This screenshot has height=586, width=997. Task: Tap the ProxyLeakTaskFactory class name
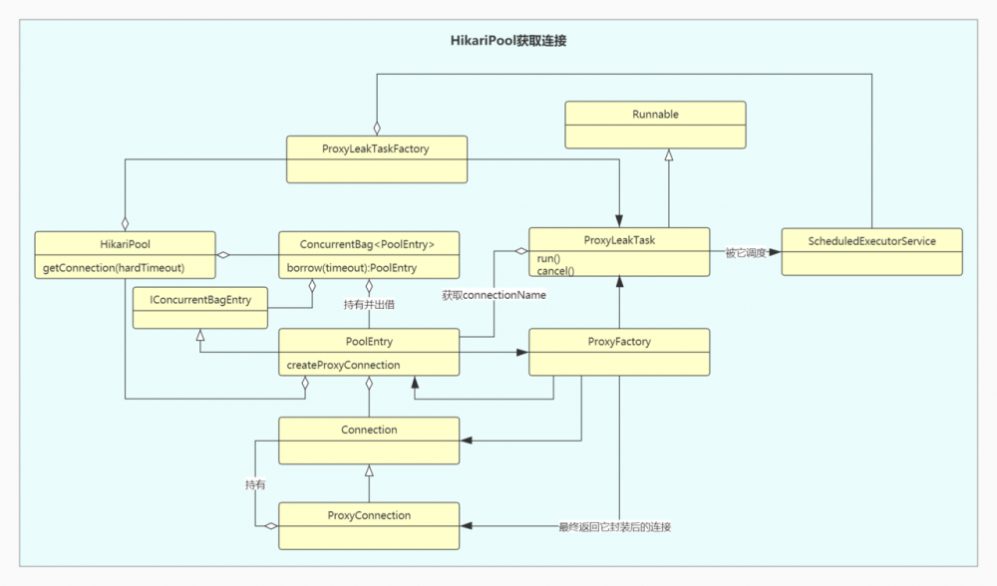tap(377, 148)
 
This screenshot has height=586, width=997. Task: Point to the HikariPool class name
tap(125, 243)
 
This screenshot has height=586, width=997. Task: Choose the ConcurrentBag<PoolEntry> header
tap(367, 243)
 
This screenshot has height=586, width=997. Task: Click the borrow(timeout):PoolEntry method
tap(351, 268)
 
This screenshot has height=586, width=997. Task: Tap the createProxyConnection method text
tap(343, 365)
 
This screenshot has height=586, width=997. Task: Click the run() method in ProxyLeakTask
tap(550, 258)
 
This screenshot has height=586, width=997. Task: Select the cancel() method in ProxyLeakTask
tap(555, 271)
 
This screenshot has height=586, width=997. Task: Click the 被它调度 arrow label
tap(744, 253)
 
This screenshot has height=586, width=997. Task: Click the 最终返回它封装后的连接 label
tap(614, 526)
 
